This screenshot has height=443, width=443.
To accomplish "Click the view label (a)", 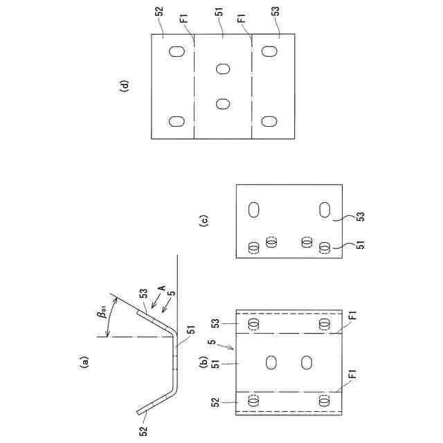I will tap(84, 360).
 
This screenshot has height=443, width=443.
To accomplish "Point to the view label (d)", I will tap(124, 86).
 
